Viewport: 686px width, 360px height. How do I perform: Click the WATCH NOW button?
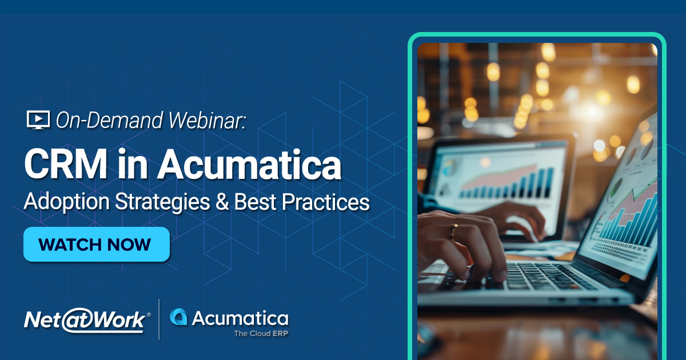[96, 245]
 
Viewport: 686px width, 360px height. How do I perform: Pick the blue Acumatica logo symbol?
[179, 318]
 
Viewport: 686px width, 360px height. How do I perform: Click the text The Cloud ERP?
[261, 333]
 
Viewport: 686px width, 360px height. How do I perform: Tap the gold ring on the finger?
[454, 231]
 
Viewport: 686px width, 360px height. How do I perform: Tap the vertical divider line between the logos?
[159, 319]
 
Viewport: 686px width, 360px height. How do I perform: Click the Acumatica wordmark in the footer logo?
[240, 318]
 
